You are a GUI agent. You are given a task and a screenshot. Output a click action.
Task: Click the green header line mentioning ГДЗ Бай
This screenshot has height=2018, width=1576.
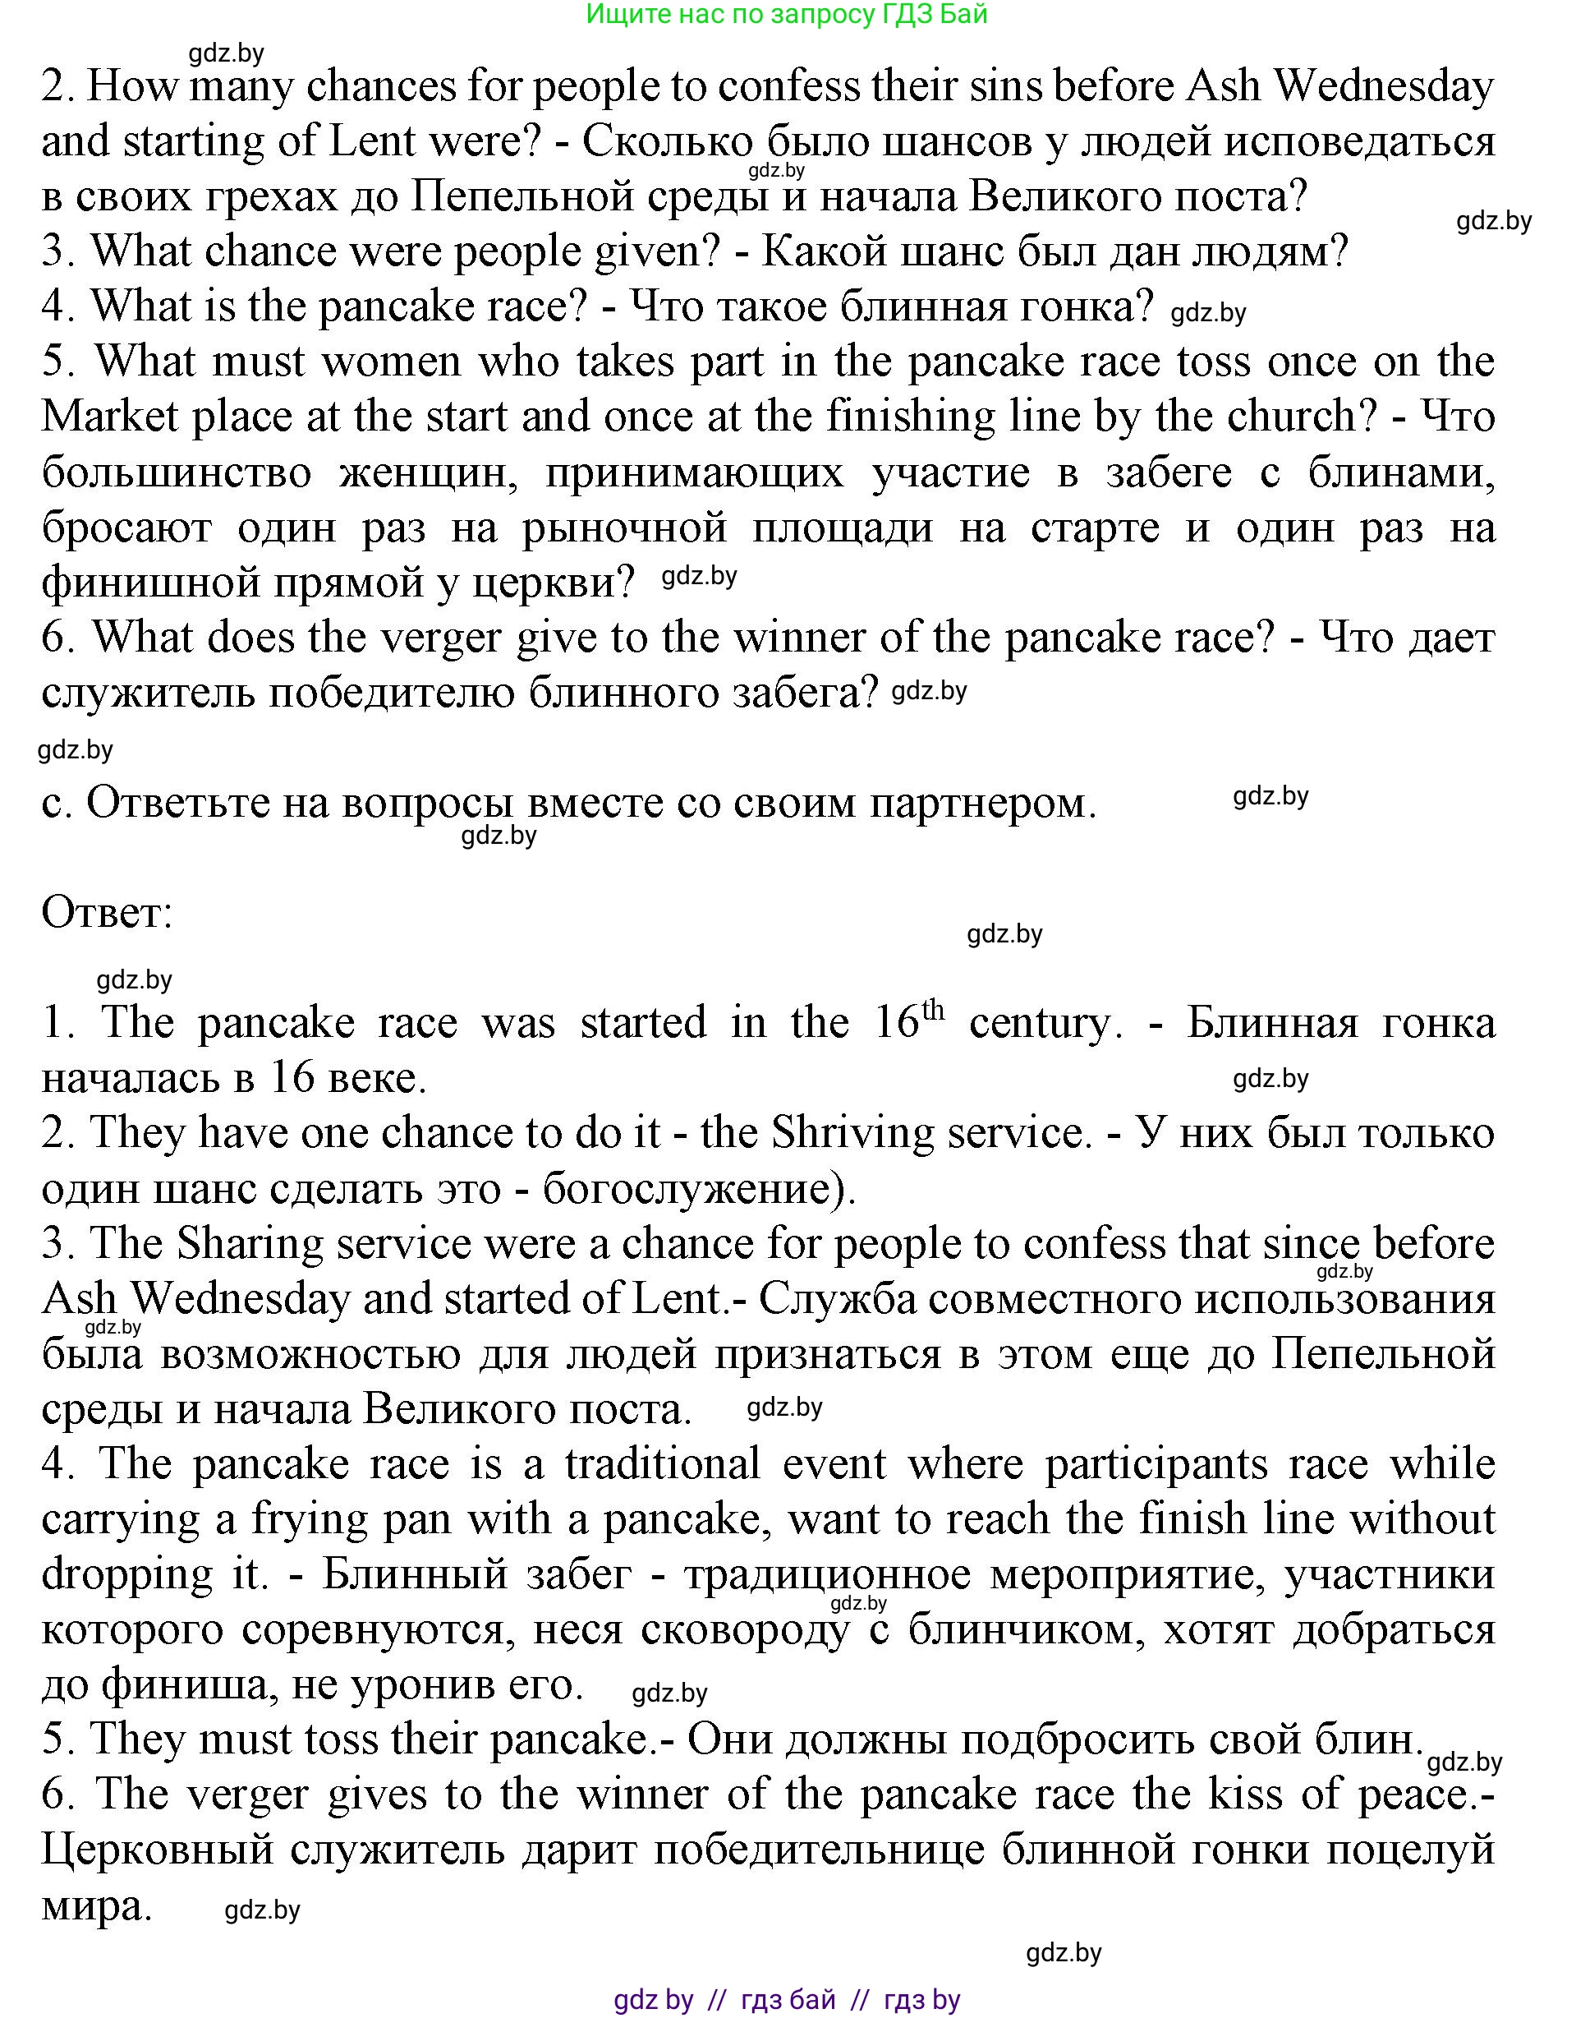click(x=787, y=14)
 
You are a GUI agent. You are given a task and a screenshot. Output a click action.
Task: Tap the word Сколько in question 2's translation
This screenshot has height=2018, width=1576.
click(x=666, y=141)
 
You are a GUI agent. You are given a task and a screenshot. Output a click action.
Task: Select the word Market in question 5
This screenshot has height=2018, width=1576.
click(x=109, y=417)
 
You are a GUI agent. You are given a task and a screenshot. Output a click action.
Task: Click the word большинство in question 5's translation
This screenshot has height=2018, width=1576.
click(x=177, y=472)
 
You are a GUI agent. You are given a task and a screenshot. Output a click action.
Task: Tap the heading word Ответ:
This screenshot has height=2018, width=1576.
click(x=107, y=913)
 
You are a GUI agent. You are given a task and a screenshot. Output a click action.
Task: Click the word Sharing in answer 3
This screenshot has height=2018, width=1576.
click(x=250, y=1244)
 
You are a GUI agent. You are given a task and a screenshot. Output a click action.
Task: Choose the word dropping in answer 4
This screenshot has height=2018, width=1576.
click(x=127, y=1574)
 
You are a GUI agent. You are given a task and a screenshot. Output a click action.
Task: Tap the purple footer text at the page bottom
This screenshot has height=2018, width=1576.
click(x=787, y=2001)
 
